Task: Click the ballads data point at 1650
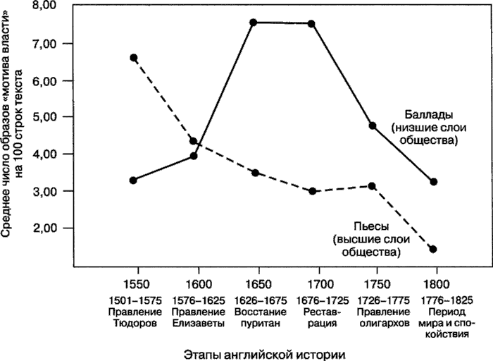click(253, 22)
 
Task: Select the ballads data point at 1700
click(311, 23)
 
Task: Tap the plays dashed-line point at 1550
click(133, 57)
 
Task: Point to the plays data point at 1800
click(433, 249)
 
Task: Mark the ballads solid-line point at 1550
click(133, 180)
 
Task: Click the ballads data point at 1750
click(373, 126)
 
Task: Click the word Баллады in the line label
click(428, 114)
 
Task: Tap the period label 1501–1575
click(136, 300)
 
